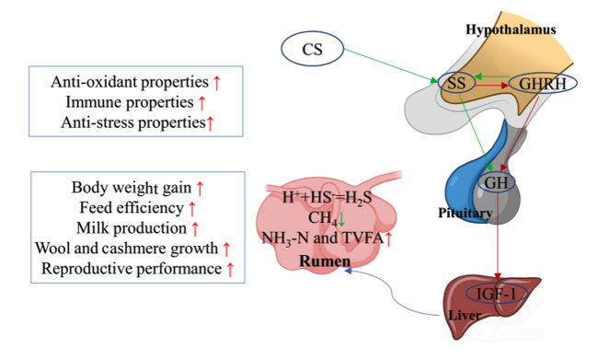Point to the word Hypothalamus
click(511, 29)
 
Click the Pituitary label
click(465, 213)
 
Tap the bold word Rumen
click(325, 261)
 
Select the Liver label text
click(465, 315)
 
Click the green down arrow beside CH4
click(341, 218)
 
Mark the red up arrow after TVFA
click(388, 239)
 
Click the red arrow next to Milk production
click(195, 228)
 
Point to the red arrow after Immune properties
click(201, 103)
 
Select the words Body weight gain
click(132, 188)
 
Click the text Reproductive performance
click(132, 269)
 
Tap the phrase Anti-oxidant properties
click(130, 82)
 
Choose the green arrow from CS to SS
click(391, 65)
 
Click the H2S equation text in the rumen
click(327, 197)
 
